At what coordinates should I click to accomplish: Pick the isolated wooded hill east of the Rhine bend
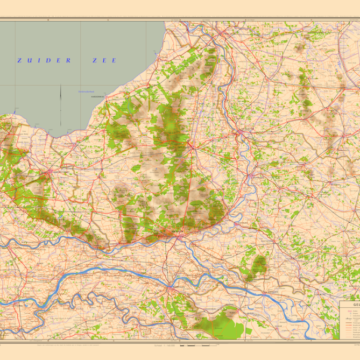point(259,264)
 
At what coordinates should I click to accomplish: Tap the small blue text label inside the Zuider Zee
point(75,89)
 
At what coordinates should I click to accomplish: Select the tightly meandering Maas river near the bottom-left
point(60,300)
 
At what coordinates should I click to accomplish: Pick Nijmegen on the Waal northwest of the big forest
point(185,275)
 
